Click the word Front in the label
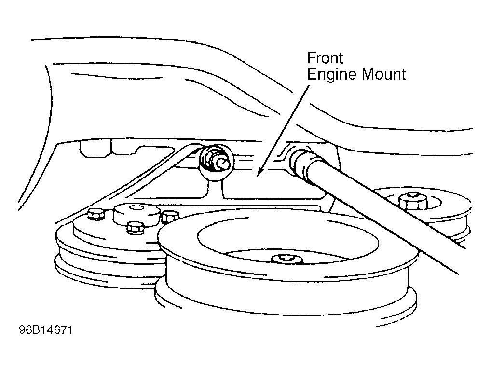(x=325, y=58)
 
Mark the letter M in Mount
(x=365, y=75)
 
